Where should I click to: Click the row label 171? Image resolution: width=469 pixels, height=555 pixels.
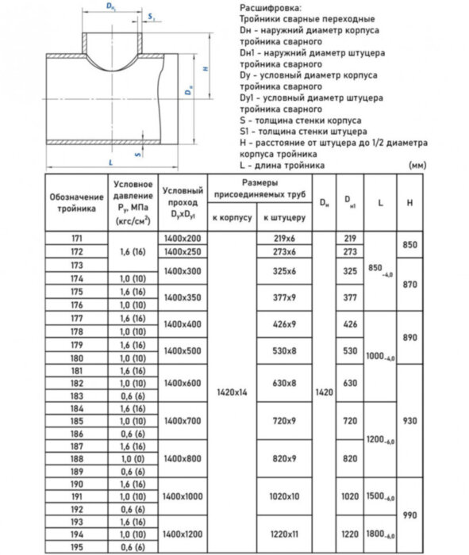pos(76,238)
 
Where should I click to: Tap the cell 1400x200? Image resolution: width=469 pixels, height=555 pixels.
pos(182,238)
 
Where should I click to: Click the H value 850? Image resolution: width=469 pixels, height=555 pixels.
pos(409,245)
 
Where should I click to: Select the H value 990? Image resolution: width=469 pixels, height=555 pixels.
pos(409,515)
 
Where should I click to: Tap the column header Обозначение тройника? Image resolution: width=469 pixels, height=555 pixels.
pos(76,201)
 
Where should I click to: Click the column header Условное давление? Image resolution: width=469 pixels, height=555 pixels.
pos(133,201)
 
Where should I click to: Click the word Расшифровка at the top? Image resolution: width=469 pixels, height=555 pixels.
pos(266,7)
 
